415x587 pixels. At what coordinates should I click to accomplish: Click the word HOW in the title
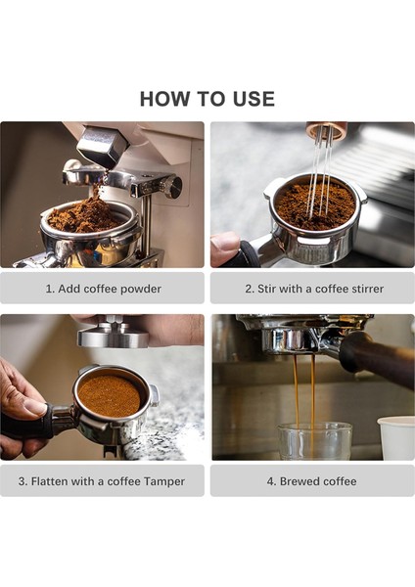(x=162, y=99)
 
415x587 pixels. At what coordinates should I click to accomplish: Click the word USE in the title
(x=252, y=99)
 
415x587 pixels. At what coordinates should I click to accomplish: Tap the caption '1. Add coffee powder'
(x=103, y=289)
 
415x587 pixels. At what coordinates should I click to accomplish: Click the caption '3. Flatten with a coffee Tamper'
(x=103, y=481)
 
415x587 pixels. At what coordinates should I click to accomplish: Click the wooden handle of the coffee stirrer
(x=326, y=129)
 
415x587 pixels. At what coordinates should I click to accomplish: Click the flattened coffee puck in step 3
(x=109, y=395)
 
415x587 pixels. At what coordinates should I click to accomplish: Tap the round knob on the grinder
(x=173, y=187)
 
